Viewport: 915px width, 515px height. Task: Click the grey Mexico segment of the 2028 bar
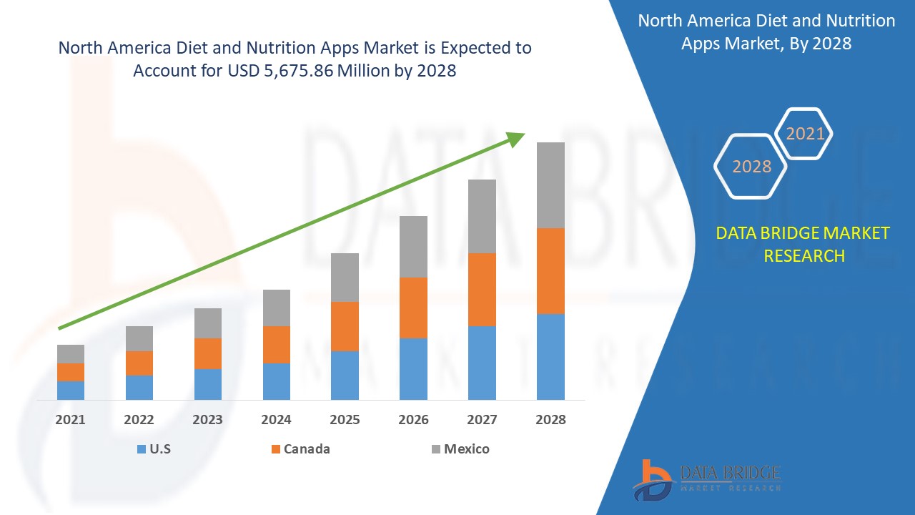click(550, 185)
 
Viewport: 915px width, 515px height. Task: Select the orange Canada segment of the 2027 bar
click(482, 290)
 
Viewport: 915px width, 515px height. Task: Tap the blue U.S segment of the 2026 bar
click(413, 368)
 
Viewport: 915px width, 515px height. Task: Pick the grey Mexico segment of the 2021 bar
click(71, 354)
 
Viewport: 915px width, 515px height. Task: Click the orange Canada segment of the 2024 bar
click(277, 345)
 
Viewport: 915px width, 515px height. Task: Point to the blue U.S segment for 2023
click(208, 384)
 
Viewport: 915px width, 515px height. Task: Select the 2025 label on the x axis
click(345, 420)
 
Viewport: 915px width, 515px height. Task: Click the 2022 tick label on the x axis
click(139, 420)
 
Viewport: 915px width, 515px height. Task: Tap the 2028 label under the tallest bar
click(550, 420)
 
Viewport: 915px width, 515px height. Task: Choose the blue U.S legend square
click(141, 449)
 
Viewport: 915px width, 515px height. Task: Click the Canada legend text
click(307, 449)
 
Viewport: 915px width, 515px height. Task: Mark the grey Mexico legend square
click(435, 449)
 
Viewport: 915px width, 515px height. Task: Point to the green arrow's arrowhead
click(516, 138)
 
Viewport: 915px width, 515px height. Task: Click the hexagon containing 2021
click(805, 133)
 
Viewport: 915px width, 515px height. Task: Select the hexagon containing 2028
click(751, 166)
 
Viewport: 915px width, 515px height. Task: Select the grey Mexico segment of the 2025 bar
click(345, 278)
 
